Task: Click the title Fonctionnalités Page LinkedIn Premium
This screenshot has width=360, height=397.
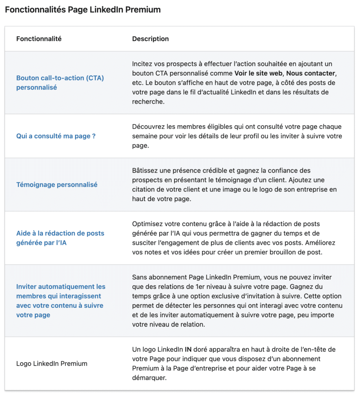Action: [83, 10]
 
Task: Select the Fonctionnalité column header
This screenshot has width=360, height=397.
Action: [39, 39]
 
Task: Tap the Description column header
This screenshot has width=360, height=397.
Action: [150, 39]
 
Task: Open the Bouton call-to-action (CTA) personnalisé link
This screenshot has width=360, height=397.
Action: [60, 83]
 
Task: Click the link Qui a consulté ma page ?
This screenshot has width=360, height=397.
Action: [56, 136]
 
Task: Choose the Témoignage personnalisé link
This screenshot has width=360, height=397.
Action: [57, 185]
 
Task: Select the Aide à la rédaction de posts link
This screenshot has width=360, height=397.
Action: [60, 233]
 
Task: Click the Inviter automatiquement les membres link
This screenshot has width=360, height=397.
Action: [61, 287]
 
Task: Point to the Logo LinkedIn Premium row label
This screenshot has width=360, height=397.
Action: [52, 364]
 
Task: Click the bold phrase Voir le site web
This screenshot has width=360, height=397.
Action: [258, 73]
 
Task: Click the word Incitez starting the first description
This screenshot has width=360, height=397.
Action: [142, 64]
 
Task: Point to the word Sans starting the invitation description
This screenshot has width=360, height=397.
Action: [139, 277]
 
